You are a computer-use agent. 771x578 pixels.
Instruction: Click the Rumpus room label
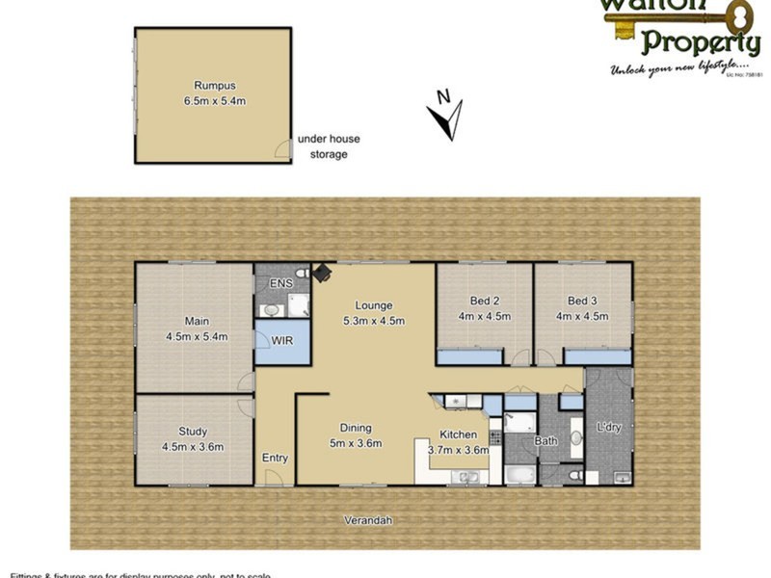[213, 85]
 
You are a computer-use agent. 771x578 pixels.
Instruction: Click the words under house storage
[329, 146]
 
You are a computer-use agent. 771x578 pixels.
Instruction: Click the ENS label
[280, 283]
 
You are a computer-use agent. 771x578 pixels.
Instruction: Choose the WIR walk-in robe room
[282, 341]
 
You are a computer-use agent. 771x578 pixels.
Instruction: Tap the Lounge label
[373, 305]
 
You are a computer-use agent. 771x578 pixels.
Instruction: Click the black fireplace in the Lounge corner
[322, 274]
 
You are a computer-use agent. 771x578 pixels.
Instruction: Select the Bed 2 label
[484, 301]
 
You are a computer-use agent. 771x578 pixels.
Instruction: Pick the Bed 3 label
[583, 301]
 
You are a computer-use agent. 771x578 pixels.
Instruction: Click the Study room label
[193, 433]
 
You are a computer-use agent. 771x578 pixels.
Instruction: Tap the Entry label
[275, 459]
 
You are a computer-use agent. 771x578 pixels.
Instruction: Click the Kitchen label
[458, 434]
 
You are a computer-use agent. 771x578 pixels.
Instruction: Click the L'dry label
[609, 427]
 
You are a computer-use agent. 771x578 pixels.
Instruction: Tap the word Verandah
[369, 521]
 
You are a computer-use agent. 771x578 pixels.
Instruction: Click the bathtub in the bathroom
[519, 474]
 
